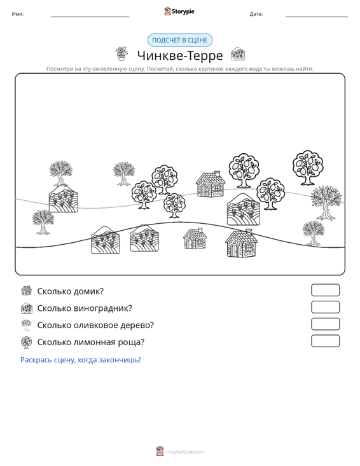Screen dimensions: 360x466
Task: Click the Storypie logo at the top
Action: point(179,11)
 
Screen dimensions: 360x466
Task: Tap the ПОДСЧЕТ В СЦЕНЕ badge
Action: point(180,40)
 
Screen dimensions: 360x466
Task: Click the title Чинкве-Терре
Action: point(180,55)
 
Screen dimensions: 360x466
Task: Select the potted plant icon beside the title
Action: point(122,54)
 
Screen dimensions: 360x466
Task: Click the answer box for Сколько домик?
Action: point(325,290)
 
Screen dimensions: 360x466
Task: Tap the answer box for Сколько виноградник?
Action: point(325,307)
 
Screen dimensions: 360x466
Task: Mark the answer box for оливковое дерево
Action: point(325,324)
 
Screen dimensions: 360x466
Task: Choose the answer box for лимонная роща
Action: point(325,341)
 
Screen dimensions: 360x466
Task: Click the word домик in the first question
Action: point(88,291)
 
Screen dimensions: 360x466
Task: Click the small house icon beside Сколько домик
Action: point(27,291)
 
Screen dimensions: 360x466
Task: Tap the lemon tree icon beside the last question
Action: point(27,342)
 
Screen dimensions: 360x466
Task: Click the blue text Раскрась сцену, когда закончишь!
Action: point(81,360)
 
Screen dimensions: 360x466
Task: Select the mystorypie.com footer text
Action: point(184,452)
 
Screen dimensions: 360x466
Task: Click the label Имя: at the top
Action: point(18,14)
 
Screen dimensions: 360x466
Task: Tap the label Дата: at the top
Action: point(256,14)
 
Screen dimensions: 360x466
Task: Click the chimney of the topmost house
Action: point(218,174)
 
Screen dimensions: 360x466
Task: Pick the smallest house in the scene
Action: point(195,238)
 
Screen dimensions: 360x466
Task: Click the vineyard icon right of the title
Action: point(238,54)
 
